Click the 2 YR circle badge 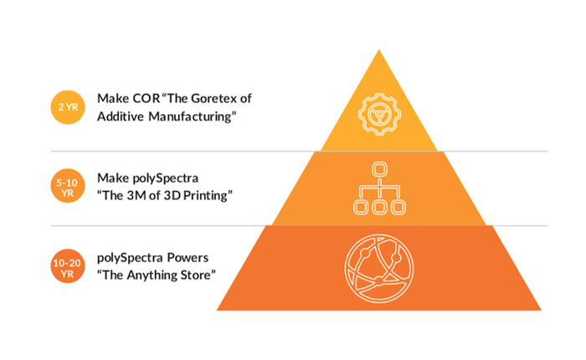[68, 107]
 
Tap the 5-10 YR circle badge [68, 186]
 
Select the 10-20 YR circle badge [68, 266]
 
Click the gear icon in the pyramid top [379, 114]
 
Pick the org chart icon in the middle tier [379, 188]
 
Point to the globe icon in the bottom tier [379, 269]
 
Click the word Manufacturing [190, 116]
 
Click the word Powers [188, 258]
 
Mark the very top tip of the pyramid [379, 49]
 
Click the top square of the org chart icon [379, 169]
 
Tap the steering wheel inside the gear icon [379, 114]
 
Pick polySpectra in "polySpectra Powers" [130, 258]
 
